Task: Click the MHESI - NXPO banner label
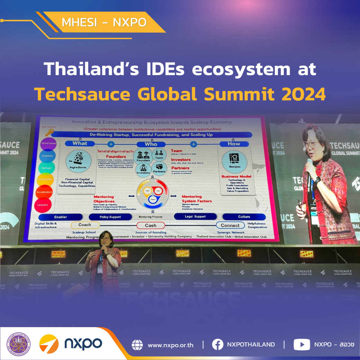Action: [x=104, y=22]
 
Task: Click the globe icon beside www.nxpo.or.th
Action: [x=137, y=344]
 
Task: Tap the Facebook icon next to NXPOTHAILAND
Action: [x=217, y=344]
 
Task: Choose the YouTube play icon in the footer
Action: [x=301, y=344]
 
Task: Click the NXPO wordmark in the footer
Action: [x=83, y=344]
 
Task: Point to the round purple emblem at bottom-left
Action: [x=19, y=344]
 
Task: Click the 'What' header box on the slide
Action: [x=80, y=143]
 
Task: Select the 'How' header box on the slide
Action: [x=234, y=144]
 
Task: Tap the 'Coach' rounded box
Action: [x=84, y=225]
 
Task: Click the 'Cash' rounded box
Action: [x=151, y=225]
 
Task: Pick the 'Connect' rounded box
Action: [x=230, y=225]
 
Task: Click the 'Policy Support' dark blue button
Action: [x=110, y=217]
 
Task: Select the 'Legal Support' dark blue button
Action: [x=195, y=217]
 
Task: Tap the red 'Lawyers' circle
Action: [x=43, y=205]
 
